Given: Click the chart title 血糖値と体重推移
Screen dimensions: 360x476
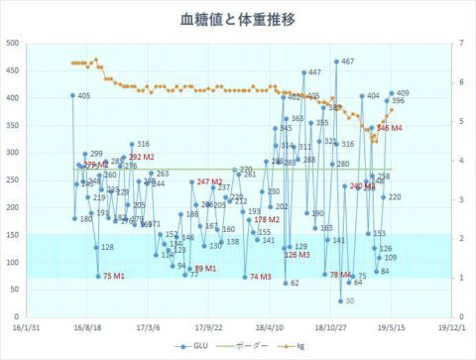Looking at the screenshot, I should pos(237,19).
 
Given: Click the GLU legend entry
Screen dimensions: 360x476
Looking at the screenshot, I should pos(194,346).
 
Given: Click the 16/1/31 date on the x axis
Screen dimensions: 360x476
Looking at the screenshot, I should pos(29,324).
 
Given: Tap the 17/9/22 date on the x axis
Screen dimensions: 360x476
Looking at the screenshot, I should pos(206,324).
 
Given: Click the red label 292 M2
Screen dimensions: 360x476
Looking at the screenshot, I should pos(141,158).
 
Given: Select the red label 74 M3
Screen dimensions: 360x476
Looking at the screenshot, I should pos(261,277).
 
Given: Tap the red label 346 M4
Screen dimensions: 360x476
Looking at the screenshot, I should pos(389,129).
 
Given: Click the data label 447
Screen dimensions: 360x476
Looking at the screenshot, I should pos(314,72).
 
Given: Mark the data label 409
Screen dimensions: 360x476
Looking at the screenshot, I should pos(403,93).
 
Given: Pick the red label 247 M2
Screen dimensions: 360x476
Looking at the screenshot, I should pos(209,181).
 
